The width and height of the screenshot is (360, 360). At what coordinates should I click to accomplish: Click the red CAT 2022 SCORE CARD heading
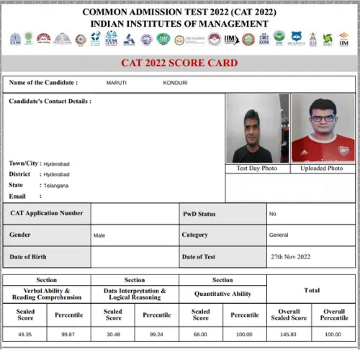[x=179, y=63]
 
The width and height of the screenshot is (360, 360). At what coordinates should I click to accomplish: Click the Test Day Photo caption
[x=257, y=168]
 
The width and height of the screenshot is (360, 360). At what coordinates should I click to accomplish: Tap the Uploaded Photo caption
[x=321, y=168]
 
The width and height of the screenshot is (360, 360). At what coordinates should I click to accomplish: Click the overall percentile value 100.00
[x=333, y=334]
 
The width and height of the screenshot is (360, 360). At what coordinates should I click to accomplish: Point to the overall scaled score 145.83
[x=289, y=334]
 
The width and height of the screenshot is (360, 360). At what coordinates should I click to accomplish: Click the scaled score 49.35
[x=25, y=334]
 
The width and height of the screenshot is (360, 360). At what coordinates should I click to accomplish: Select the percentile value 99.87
[x=68, y=334]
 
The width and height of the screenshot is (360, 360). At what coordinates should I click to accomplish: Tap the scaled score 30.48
[x=113, y=334]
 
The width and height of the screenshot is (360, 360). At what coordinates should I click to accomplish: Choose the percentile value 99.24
[x=156, y=334]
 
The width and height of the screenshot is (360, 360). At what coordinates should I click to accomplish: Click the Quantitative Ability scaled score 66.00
[x=200, y=334]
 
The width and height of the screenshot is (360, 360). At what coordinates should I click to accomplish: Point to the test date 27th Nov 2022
[x=290, y=256]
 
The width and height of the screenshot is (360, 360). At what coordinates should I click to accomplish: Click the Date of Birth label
[x=30, y=256]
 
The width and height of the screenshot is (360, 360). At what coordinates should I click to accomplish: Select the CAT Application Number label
[x=46, y=213]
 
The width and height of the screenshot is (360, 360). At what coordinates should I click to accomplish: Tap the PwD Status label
[x=199, y=213]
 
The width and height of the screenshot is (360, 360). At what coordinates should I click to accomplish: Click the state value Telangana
[x=55, y=186]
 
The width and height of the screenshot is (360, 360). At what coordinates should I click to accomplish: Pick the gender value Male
[x=99, y=235]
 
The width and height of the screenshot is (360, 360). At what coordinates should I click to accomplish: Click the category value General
[x=279, y=235]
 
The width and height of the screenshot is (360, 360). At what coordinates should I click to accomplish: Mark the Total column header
[x=311, y=290]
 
